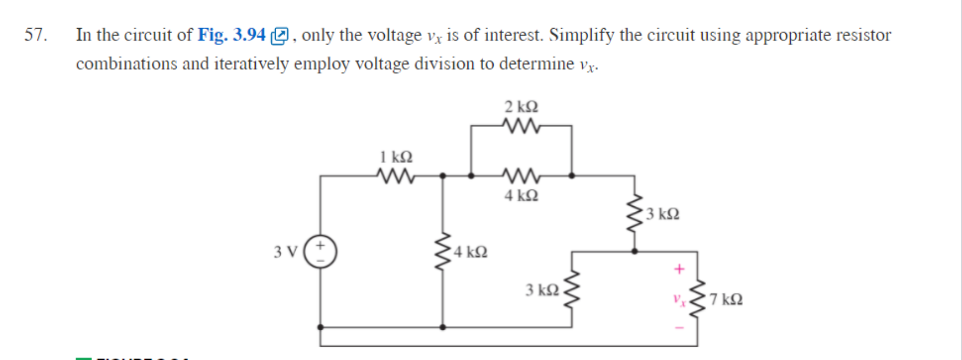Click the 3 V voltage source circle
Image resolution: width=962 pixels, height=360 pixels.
[320, 252]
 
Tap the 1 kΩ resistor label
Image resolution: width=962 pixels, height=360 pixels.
[396, 157]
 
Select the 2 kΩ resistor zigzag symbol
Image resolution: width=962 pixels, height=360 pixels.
[521, 126]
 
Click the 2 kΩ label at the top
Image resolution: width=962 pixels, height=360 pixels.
[521, 106]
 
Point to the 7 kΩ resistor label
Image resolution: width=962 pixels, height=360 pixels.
[726, 299]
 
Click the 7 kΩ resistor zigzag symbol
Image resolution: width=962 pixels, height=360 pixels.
[697, 298]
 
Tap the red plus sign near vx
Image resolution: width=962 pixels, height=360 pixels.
[679, 269]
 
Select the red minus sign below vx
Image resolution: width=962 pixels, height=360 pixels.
[679, 328]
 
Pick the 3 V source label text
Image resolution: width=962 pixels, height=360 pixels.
[285, 252]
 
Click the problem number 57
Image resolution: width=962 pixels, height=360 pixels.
[35, 35]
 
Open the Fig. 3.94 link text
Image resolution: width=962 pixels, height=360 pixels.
[232, 35]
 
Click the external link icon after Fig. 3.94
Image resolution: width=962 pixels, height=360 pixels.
[280, 36]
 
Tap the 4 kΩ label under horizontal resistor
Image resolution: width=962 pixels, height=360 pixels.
[521, 195]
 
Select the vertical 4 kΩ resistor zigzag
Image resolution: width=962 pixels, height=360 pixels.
[442, 252]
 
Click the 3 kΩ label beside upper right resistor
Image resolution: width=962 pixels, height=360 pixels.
[663, 214]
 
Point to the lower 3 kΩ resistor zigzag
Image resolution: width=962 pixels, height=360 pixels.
[572, 290]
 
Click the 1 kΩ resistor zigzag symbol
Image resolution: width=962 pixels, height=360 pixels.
[396, 176]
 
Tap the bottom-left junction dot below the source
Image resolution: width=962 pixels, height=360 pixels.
[320, 327]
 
